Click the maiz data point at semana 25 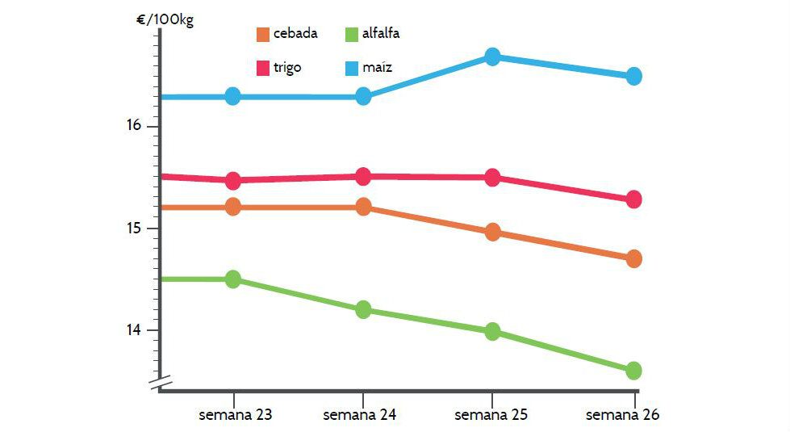click(x=492, y=57)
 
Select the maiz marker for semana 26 click(x=633, y=76)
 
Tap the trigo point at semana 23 click(x=233, y=180)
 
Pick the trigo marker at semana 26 click(x=633, y=199)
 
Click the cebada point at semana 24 click(x=363, y=207)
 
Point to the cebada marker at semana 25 click(x=492, y=233)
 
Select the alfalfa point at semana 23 click(x=233, y=279)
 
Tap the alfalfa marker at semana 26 click(x=633, y=371)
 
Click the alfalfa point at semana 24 click(x=363, y=309)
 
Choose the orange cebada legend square click(x=263, y=34)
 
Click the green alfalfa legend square click(x=351, y=34)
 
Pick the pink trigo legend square click(x=263, y=68)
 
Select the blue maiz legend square click(x=351, y=68)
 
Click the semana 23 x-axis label click(x=235, y=415)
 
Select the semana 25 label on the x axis click(x=491, y=415)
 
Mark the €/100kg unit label click(x=165, y=19)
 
